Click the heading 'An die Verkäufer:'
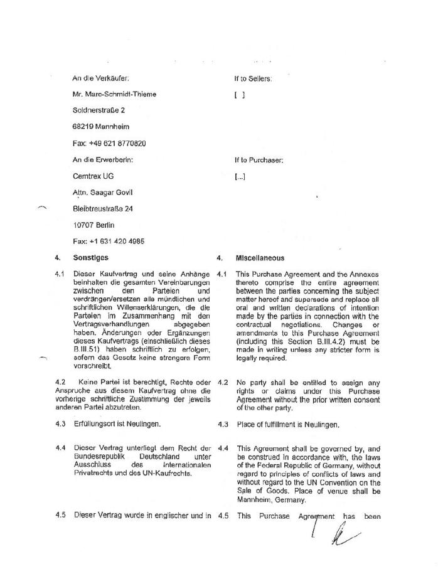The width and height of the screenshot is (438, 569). pyautogui.click(x=101, y=78)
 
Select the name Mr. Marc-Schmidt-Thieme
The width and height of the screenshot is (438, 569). pyautogui.click(x=115, y=95)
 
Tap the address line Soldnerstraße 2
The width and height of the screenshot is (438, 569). pyautogui.click(x=99, y=111)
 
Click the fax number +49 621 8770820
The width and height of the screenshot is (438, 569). pyautogui.click(x=110, y=144)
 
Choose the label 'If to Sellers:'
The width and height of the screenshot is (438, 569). pyautogui.click(x=253, y=78)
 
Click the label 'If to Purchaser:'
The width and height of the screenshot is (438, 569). pyautogui.click(x=259, y=160)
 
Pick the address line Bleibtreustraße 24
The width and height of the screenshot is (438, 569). pyautogui.click(x=103, y=209)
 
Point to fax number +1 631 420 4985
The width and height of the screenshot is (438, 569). pyautogui.click(x=109, y=242)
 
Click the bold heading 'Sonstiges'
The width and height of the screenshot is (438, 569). pyautogui.click(x=90, y=258)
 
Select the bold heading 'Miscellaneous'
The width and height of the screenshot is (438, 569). pyautogui.click(x=260, y=258)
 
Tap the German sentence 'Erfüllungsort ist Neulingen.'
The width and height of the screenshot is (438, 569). pyautogui.click(x=117, y=424)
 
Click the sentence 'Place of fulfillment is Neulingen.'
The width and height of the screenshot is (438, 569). pyautogui.click(x=287, y=425)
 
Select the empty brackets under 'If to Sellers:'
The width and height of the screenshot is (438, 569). pyautogui.click(x=240, y=95)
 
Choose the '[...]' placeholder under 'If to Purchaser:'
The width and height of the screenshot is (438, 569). pyautogui.click(x=240, y=177)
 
